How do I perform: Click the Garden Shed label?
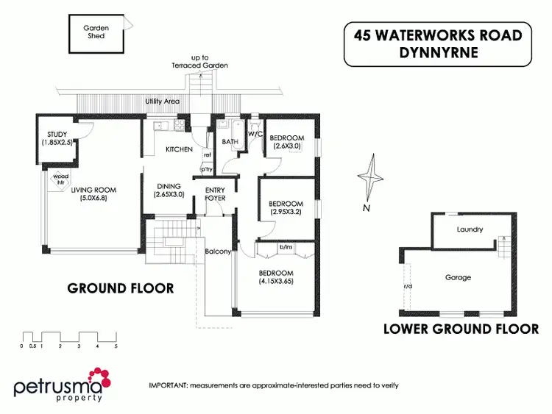(96, 32)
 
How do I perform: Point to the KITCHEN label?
(179, 149)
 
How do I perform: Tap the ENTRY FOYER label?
(215, 194)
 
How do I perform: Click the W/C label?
(255, 135)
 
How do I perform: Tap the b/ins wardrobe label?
(286, 248)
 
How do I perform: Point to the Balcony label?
(219, 252)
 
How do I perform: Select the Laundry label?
(470, 229)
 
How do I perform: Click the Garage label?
(458, 277)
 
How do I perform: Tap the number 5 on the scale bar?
(116, 346)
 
